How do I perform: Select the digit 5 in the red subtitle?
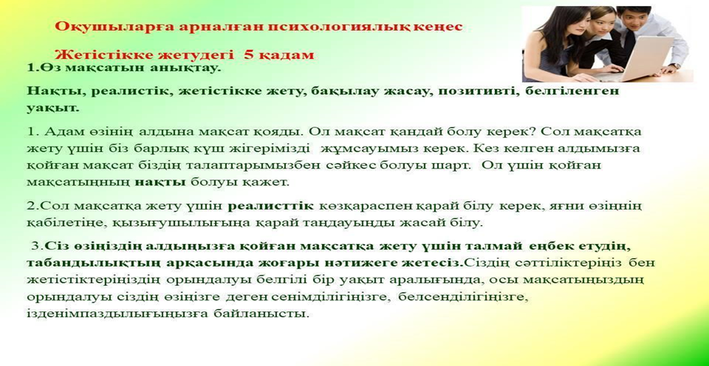click(x=249, y=55)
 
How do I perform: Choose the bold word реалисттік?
click(x=270, y=206)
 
